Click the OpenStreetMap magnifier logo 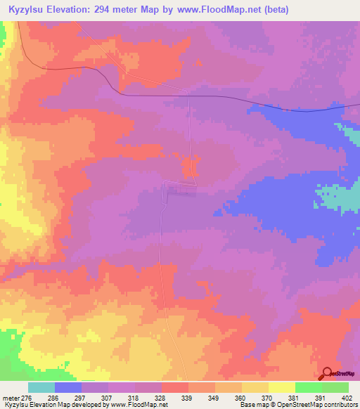(328, 374)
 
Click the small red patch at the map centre (190, 169)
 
